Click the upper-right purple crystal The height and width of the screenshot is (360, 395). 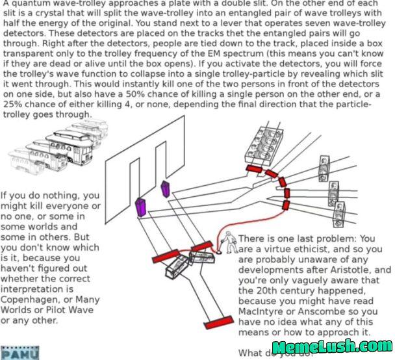coord(164,188)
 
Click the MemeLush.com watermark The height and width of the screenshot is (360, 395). coord(331,348)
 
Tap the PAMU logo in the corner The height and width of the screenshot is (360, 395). coord(19,353)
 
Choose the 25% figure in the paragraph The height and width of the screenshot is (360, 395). coord(14,105)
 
